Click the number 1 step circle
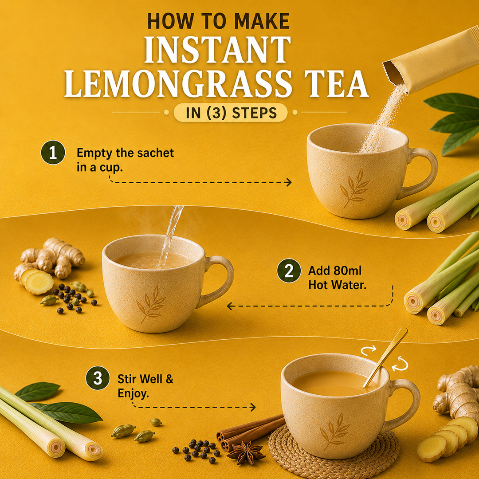tap(53, 153)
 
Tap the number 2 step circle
tap(289, 271)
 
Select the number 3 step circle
tap(98, 378)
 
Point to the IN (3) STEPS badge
tap(231, 113)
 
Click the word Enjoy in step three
tap(133, 393)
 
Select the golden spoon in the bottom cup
tap(385, 357)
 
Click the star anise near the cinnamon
tap(246, 452)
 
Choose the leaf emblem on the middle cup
tap(151, 304)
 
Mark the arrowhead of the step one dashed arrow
tap(288, 182)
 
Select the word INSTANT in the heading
tap(217, 50)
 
